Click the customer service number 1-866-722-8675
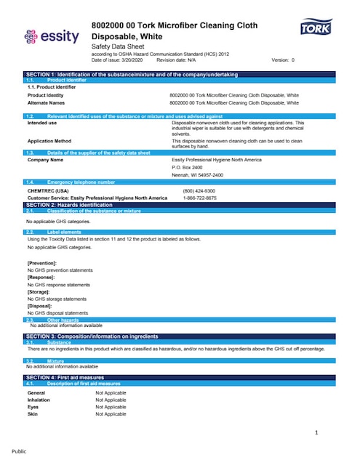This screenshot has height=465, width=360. point(199,198)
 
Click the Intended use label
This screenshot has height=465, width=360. point(41,123)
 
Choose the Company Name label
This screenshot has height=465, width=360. point(46,159)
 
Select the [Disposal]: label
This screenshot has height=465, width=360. point(40,306)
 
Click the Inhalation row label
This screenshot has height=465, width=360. point(39,400)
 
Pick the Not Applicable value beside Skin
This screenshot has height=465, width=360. point(111,413)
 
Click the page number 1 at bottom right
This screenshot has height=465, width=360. point(317,433)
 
